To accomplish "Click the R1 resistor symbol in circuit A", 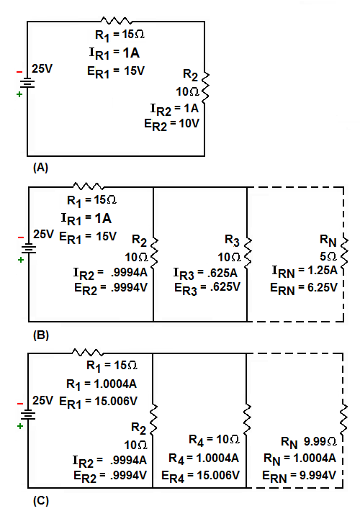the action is [117, 21].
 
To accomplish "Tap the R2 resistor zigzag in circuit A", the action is [205, 86].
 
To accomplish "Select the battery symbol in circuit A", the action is [27, 83].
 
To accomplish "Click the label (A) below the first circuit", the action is [40, 168].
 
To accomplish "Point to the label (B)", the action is [41, 335].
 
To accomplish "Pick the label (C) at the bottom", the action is [41, 501].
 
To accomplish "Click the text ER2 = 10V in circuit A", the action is [171, 125].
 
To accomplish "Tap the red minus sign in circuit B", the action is [21, 238].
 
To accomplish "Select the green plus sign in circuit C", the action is [20, 426].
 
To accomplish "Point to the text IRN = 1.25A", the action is [305, 271].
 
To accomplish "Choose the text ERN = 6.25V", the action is [304, 289].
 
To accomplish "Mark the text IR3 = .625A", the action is [205, 273].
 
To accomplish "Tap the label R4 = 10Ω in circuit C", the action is [214, 440].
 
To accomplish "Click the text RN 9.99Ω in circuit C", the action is [308, 442].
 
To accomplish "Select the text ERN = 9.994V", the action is [299, 476].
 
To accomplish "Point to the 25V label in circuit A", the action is [42, 69].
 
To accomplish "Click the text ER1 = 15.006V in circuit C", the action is [98, 402].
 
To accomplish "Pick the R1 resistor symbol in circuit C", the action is [88, 353].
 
